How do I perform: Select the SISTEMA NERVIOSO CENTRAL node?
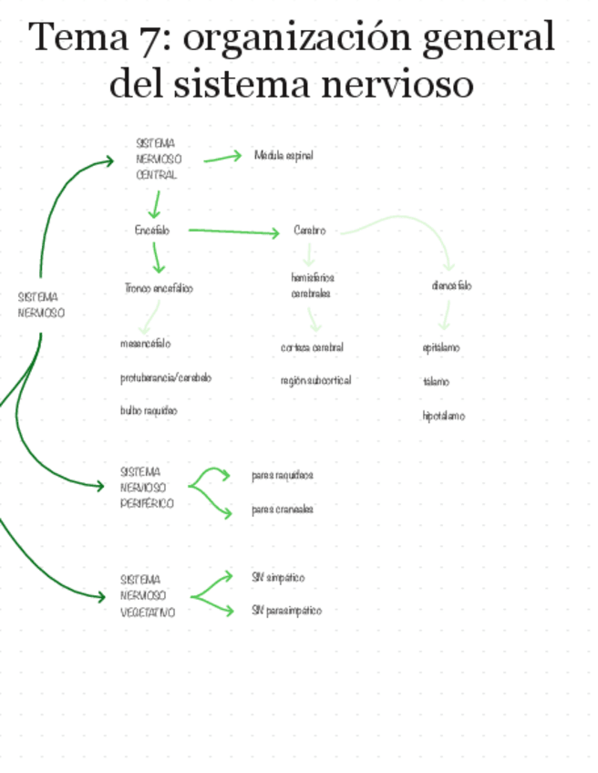click(x=156, y=159)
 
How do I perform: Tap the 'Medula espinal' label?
click(x=284, y=156)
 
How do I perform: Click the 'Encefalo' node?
click(x=152, y=231)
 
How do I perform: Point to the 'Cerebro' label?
click(x=309, y=231)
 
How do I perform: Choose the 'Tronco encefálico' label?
click(x=159, y=288)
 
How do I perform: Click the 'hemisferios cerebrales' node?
click(x=313, y=285)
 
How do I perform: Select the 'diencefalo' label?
click(x=451, y=285)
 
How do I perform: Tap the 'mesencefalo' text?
click(x=145, y=344)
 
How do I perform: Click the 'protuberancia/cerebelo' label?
click(x=165, y=377)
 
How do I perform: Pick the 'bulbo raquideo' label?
click(x=149, y=411)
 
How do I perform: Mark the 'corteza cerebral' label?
click(x=312, y=347)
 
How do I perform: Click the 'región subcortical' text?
click(x=315, y=380)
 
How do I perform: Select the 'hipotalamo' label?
click(x=443, y=416)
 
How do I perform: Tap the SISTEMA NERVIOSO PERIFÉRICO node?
click(x=147, y=488)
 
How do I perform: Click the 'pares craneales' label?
click(x=283, y=510)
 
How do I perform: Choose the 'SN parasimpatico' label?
click(x=286, y=611)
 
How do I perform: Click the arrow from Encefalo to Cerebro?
click(x=233, y=232)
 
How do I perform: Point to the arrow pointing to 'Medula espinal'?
click(x=223, y=158)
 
